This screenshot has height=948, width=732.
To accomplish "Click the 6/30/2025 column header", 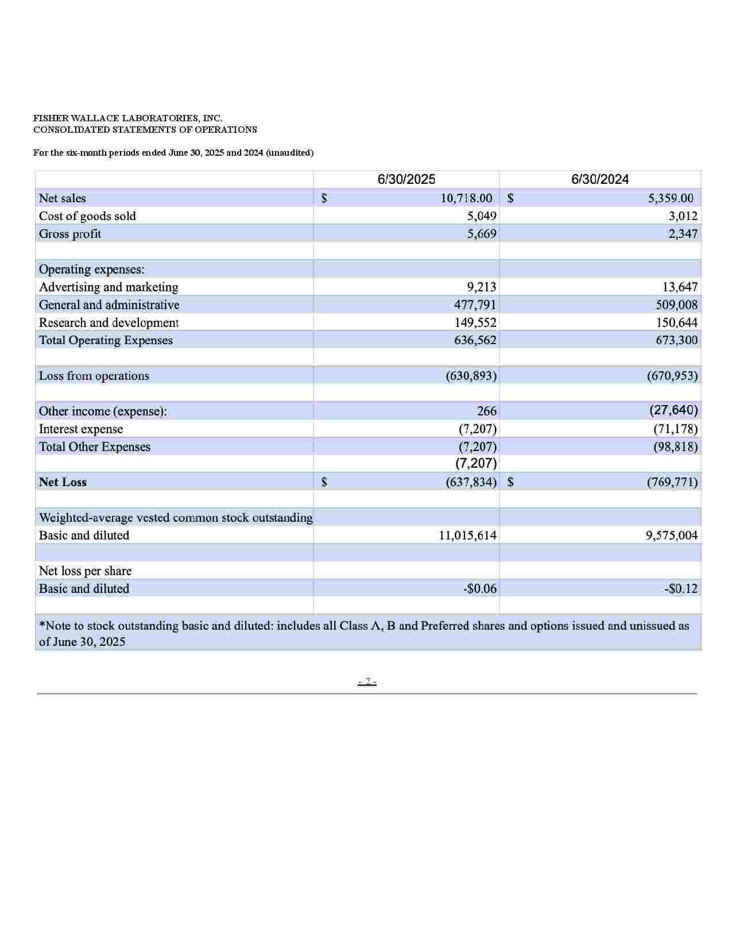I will click(x=406, y=179).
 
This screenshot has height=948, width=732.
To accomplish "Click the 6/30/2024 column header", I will click(x=600, y=179).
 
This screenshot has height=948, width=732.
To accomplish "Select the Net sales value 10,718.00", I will click(x=466, y=198).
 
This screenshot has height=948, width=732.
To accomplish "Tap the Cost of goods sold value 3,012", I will click(x=683, y=216).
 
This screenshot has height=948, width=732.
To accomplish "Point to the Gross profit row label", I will click(x=70, y=234).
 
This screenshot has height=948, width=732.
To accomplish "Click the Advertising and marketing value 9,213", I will click(x=482, y=287).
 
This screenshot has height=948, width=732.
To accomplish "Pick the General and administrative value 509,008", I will click(x=677, y=305).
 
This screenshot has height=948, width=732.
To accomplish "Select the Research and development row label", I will click(x=109, y=322).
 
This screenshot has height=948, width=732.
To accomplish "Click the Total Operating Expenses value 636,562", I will click(x=475, y=340).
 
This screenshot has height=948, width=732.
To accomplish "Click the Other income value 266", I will click(x=487, y=411).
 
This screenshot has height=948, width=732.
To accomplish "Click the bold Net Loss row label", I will click(x=63, y=482).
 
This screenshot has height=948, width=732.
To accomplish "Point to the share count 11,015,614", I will click(x=468, y=535).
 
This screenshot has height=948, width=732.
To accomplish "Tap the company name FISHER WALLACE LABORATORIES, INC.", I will click(x=127, y=118).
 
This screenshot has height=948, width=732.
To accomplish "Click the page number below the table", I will click(x=367, y=682).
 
